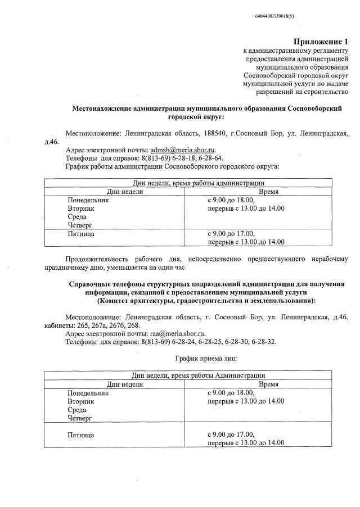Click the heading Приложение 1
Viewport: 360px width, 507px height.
tap(321, 42)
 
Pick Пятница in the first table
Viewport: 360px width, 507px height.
tap(80, 233)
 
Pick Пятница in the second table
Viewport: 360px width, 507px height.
tap(80, 434)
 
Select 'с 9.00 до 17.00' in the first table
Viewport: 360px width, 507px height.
tap(231, 233)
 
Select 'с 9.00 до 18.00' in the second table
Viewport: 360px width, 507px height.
tap(231, 393)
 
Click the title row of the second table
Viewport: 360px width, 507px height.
tap(198, 375)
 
